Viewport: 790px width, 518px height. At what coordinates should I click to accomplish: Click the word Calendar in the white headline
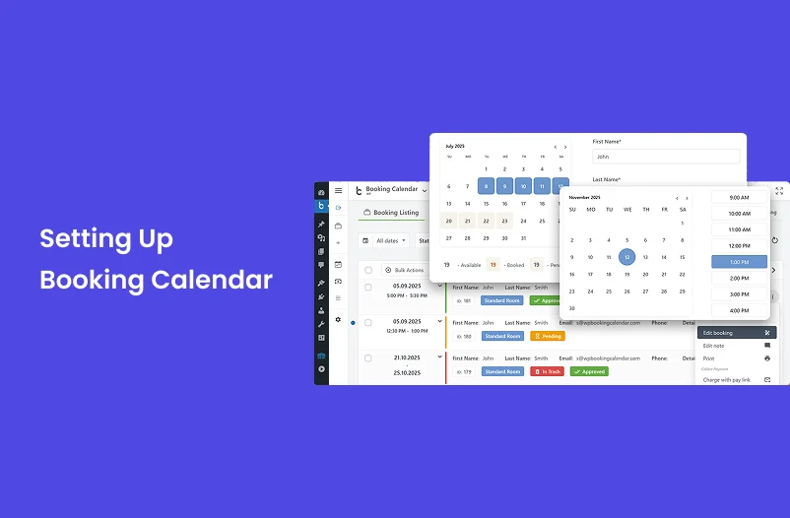click(212, 280)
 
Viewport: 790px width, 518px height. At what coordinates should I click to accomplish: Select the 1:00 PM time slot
click(739, 262)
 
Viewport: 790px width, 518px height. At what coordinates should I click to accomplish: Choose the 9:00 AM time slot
click(739, 198)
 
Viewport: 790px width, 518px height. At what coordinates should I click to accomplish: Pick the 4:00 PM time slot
click(739, 310)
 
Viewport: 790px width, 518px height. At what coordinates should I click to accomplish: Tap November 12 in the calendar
click(626, 257)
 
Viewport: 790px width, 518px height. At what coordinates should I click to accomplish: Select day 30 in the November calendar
click(571, 308)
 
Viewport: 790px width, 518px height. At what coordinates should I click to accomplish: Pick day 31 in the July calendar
click(523, 237)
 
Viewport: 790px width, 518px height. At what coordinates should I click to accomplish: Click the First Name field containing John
click(666, 157)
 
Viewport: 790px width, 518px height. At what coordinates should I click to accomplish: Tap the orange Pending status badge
click(548, 336)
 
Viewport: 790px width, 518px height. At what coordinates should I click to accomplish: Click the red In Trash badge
click(547, 371)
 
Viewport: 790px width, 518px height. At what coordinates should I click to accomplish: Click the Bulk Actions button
click(404, 270)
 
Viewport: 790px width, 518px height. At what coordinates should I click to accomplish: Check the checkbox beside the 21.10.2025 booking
click(368, 358)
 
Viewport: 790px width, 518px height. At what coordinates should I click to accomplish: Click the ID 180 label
click(465, 336)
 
